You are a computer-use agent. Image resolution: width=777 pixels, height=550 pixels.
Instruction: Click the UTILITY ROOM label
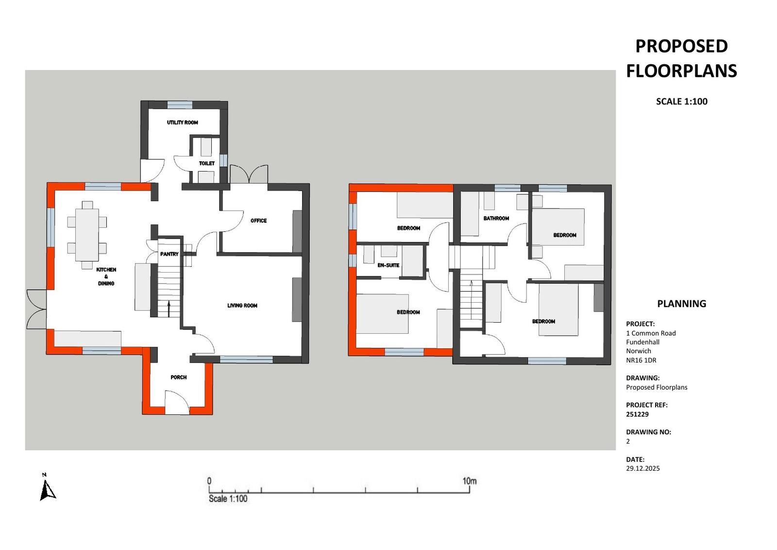pyautogui.click(x=183, y=122)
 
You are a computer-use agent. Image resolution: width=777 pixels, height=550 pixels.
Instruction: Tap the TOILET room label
pyautogui.click(x=207, y=163)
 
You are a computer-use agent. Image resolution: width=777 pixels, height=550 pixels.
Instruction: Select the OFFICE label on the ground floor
pyautogui.click(x=259, y=221)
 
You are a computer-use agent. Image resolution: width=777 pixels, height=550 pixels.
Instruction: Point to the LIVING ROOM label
pyautogui.click(x=242, y=306)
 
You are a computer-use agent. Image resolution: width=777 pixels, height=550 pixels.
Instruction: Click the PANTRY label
pyautogui.click(x=169, y=255)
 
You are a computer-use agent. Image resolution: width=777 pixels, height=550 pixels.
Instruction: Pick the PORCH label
pyautogui.click(x=179, y=378)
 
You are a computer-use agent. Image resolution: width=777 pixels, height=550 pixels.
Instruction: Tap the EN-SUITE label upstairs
pyautogui.click(x=388, y=265)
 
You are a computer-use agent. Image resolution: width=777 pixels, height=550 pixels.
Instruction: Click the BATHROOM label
pyautogui.click(x=496, y=219)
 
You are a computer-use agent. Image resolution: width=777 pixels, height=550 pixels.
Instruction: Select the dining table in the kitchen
pyautogui.click(x=87, y=235)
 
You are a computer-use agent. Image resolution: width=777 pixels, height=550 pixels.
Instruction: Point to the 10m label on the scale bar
pyautogui.click(x=470, y=481)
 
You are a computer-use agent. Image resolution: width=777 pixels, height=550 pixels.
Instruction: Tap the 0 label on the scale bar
pyautogui.click(x=209, y=481)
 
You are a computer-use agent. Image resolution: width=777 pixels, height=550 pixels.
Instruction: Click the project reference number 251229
pyautogui.click(x=638, y=414)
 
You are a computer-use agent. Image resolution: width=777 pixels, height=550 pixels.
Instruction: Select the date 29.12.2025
pyautogui.click(x=643, y=468)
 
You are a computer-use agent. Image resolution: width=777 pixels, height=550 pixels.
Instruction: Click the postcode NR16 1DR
pyautogui.click(x=642, y=360)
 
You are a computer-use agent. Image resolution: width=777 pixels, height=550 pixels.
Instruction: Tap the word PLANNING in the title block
pyautogui.click(x=682, y=304)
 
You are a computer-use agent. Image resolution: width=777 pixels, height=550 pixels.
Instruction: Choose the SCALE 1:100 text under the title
pyautogui.click(x=682, y=102)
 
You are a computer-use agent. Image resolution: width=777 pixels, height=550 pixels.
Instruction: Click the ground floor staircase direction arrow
pyautogui.click(x=169, y=309)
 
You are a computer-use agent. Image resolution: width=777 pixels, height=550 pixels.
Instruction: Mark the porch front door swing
pyautogui.click(x=177, y=402)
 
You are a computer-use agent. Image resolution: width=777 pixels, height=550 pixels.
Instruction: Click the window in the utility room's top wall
pyautogui.click(x=180, y=105)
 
